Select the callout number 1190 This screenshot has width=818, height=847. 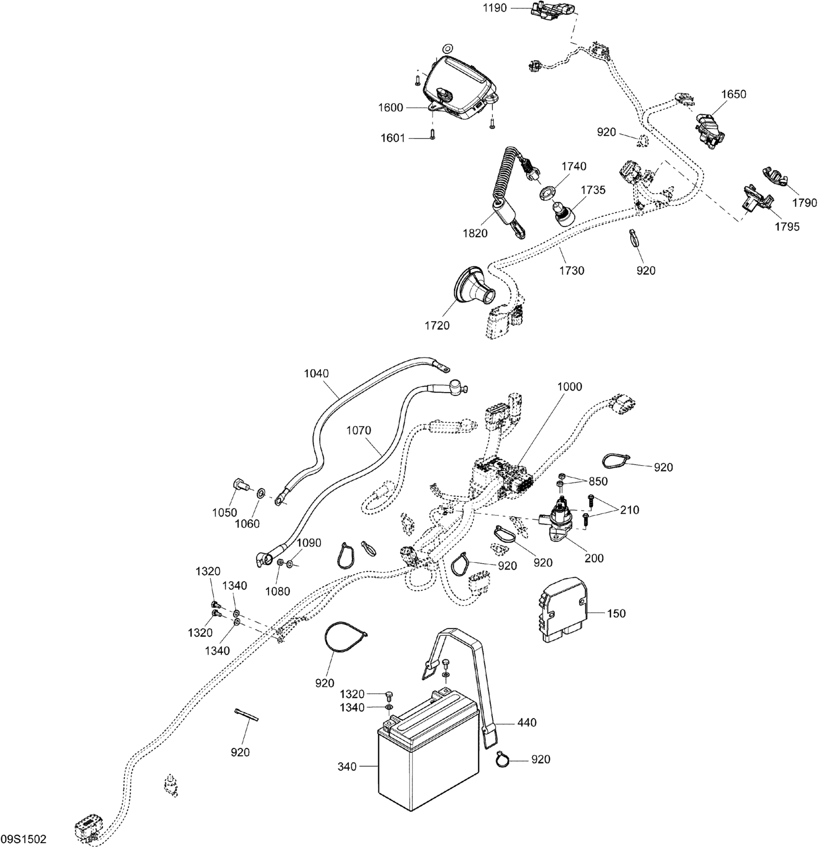click(x=495, y=8)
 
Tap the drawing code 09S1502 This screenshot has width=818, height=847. click(x=24, y=839)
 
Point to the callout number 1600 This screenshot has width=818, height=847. click(x=390, y=108)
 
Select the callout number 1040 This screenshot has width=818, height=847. click(x=316, y=373)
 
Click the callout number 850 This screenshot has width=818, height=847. click(x=598, y=481)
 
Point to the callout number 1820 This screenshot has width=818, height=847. click(x=475, y=233)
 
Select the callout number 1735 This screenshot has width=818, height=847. click(x=593, y=190)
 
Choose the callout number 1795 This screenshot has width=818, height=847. click(x=787, y=227)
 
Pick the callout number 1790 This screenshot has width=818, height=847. click(x=805, y=202)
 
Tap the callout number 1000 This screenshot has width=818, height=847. click(x=569, y=387)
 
